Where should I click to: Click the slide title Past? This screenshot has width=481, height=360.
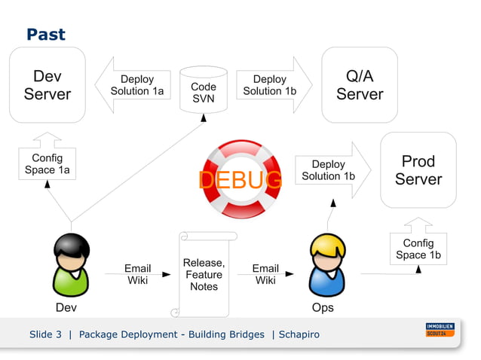[x=45, y=34]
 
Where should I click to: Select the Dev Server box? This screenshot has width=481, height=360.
[x=47, y=85]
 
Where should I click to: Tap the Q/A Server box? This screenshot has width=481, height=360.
[x=360, y=85]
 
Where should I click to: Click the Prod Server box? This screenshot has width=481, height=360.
[x=418, y=170]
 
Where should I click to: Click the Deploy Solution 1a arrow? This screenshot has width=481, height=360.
[x=134, y=85]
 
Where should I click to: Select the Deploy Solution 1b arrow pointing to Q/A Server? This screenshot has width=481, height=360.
[x=272, y=85]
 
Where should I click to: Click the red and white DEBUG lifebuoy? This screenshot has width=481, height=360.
[x=241, y=179]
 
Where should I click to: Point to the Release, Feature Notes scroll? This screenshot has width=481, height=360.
[x=204, y=274]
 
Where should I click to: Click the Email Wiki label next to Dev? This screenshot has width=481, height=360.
[x=137, y=274]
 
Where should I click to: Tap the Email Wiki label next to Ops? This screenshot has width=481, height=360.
[x=265, y=274]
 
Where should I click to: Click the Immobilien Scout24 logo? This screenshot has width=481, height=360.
[x=440, y=330]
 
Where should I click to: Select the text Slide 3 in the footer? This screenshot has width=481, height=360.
[x=45, y=334]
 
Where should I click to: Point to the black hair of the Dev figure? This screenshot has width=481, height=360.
[x=71, y=246]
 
